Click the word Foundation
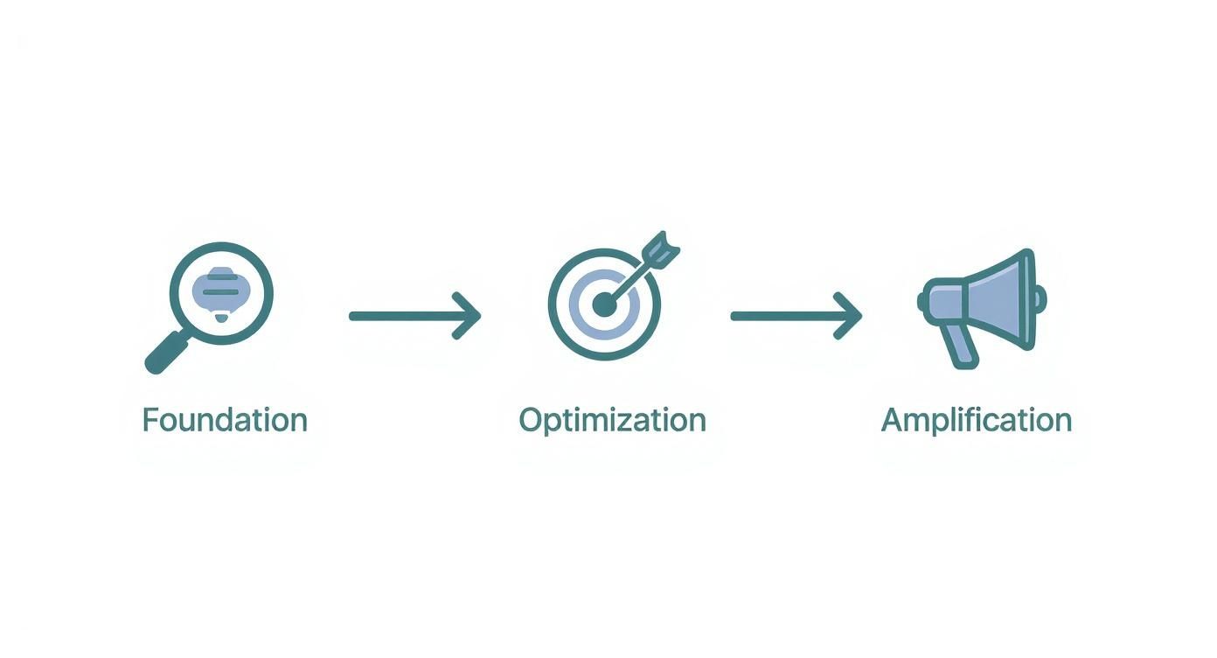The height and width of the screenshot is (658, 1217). pyautogui.click(x=225, y=420)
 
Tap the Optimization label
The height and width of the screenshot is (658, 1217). pyautogui.click(x=612, y=420)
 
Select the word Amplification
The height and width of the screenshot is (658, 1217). pyautogui.click(x=976, y=420)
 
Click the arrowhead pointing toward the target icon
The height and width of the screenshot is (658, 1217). pyautogui.click(x=470, y=315)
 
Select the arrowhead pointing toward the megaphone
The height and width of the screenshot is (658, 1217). pyautogui.click(x=852, y=315)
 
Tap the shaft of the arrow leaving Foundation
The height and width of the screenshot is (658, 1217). pyautogui.click(x=402, y=315)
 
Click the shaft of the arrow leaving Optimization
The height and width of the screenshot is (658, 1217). pyautogui.click(x=782, y=315)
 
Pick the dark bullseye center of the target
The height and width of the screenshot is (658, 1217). pyautogui.click(x=603, y=305)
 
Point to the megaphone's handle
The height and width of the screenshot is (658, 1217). pyautogui.click(x=963, y=347)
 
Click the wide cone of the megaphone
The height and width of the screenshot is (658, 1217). pyautogui.click(x=1001, y=297)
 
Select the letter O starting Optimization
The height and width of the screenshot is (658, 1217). pyautogui.click(x=530, y=420)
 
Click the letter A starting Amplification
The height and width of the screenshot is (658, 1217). pyautogui.click(x=892, y=420)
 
